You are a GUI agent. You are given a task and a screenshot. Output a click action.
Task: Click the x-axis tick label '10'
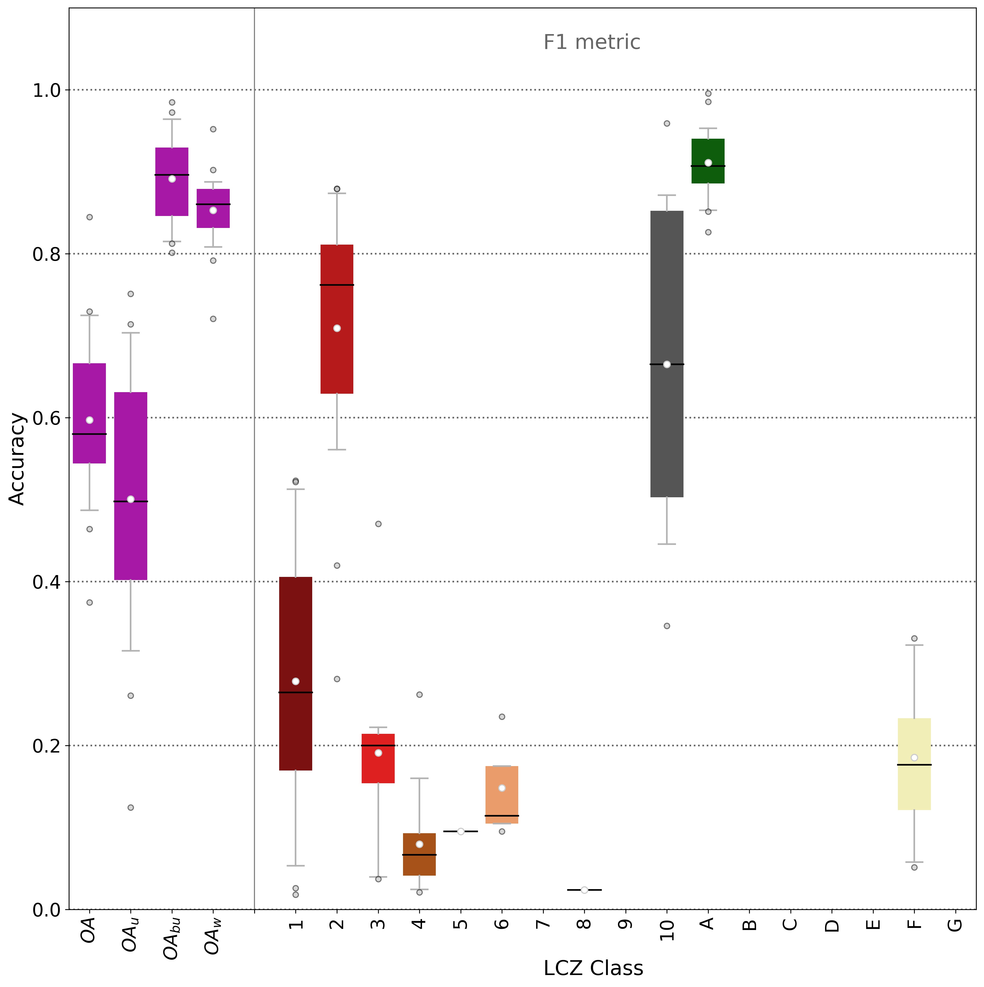pos(667,930)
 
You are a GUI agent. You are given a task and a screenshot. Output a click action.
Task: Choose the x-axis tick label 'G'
pos(955,925)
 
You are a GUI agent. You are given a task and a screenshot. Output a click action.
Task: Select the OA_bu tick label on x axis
pos(172,939)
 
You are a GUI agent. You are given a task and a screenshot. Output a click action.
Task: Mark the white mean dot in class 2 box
pos(337,328)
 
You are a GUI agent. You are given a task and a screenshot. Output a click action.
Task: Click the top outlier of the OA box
pos(90,217)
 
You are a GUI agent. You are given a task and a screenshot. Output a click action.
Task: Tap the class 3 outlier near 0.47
pos(378,524)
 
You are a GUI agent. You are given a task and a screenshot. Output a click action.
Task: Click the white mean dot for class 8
pos(584,890)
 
